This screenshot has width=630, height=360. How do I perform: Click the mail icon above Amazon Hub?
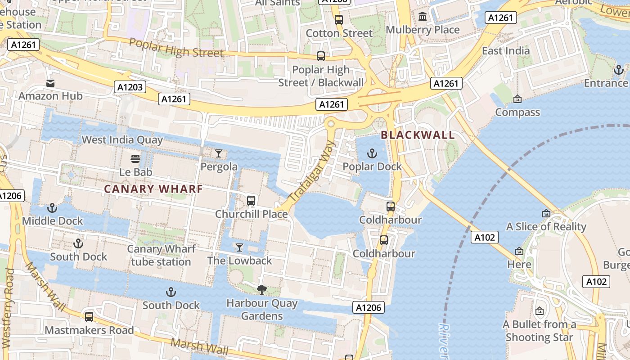pyautogui.click(x=50, y=83)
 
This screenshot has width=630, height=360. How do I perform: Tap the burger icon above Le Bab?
pyautogui.click(x=135, y=158)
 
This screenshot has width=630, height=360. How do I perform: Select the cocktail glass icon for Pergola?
pyautogui.click(x=219, y=153)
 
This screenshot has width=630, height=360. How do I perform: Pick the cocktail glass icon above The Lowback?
pyautogui.click(x=239, y=247)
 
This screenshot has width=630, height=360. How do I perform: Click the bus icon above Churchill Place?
pyautogui.click(x=251, y=201)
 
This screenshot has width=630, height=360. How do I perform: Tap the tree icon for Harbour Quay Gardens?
pyautogui.click(x=261, y=290)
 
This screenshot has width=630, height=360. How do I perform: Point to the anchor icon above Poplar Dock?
pyautogui.click(x=372, y=154)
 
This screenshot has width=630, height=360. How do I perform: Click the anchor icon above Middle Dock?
pyautogui.click(x=52, y=208)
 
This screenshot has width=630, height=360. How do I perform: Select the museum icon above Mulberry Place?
pyautogui.click(x=423, y=17)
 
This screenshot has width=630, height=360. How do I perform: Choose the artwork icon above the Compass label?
pyautogui.click(x=517, y=99)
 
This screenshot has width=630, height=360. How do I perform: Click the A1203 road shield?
pyautogui.click(x=130, y=87)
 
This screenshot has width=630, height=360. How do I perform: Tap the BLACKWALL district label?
pyautogui.click(x=418, y=135)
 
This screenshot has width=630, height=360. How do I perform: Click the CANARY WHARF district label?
pyautogui.click(x=153, y=189)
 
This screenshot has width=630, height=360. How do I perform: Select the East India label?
pyautogui.click(x=506, y=50)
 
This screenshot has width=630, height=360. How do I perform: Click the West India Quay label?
pyautogui.click(x=122, y=139)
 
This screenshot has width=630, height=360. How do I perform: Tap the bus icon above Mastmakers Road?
pyautogui.click(x=89, y=317)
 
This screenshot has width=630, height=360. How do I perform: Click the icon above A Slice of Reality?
pyautogui.click(x=546, y=213)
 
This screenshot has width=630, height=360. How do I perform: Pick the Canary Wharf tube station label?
pyautogui.click(x=161, y=255)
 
